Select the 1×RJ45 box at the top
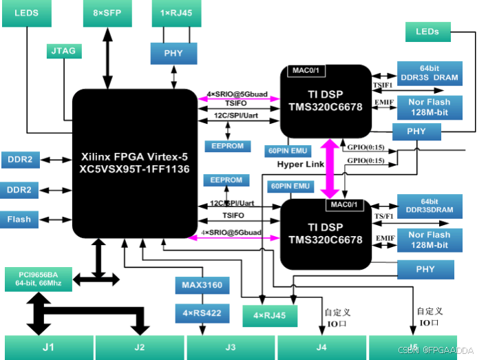(175, 13)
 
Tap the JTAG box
(64, 51)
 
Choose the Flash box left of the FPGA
(20, 220)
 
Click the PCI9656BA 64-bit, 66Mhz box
(37, 278)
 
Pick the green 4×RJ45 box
(270, 315)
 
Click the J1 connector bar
(48, 347)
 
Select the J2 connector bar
(139, 347)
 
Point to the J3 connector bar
(230, 347)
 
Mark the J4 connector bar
(321, 347)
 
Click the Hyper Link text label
(300, 165)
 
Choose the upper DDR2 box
(20, 160)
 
